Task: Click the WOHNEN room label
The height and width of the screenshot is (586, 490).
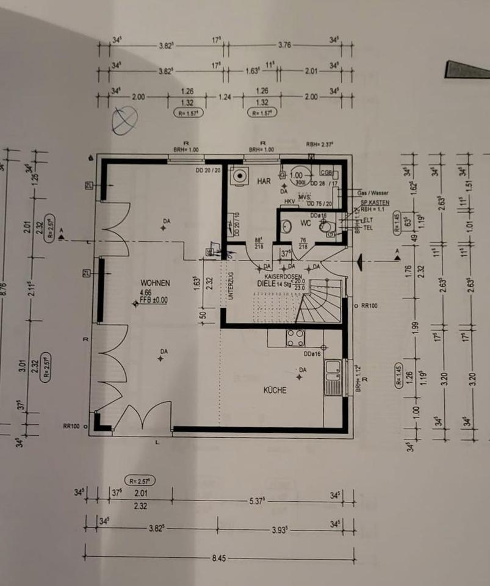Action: (x=154, y=283)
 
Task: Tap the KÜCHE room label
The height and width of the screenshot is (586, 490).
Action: (x=275, y=390)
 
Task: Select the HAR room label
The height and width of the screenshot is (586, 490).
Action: (x=264, y=181)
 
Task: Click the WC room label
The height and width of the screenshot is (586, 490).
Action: (x=305, y=223)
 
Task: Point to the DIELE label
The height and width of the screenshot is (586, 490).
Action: (x=267, y=284)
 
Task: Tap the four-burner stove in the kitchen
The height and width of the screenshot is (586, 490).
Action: (x=296, y=338)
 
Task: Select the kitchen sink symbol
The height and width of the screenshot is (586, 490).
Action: (x=333, y=378)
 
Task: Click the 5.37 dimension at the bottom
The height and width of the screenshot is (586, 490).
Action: (x=256, y=501)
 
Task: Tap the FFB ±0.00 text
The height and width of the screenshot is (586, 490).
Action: (x=154, y=300)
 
